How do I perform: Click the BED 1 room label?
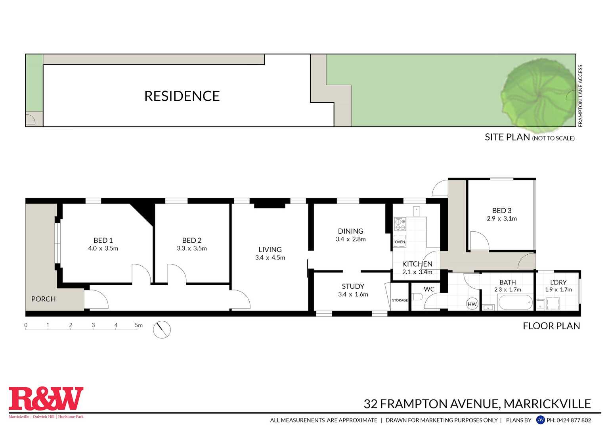coord(103,240)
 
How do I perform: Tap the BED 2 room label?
coord(192,240)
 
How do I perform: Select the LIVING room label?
coord(270,250)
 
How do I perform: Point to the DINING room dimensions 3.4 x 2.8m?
coord(350,239)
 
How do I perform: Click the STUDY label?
coord(353,286)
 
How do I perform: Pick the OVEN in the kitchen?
coord(400,241)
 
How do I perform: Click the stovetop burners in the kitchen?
coord(400,225)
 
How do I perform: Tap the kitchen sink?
coord(417,210)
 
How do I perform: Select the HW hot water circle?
coord(472,304)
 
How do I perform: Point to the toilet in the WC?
coord(417,297)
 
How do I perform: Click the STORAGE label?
coord(400,300)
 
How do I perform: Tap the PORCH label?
coord(43,299)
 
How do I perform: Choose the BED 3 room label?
coord(501,211)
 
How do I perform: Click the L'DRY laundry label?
coord(558,282)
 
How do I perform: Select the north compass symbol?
coord(162,330)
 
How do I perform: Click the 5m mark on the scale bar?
coord(138,325)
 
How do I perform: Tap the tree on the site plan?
coord(538,95)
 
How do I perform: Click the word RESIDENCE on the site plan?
coord(182,96)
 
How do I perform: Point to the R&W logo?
coord(46,399)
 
